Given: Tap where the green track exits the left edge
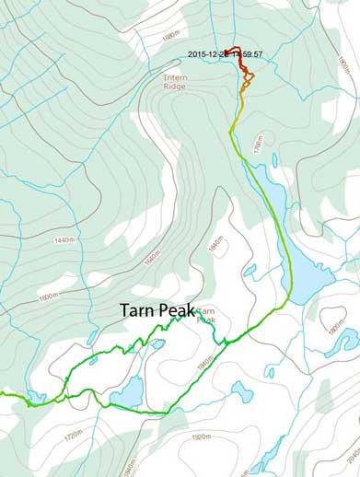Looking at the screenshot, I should pos(2,394).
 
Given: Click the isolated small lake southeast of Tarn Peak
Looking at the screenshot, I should pos(241,391).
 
